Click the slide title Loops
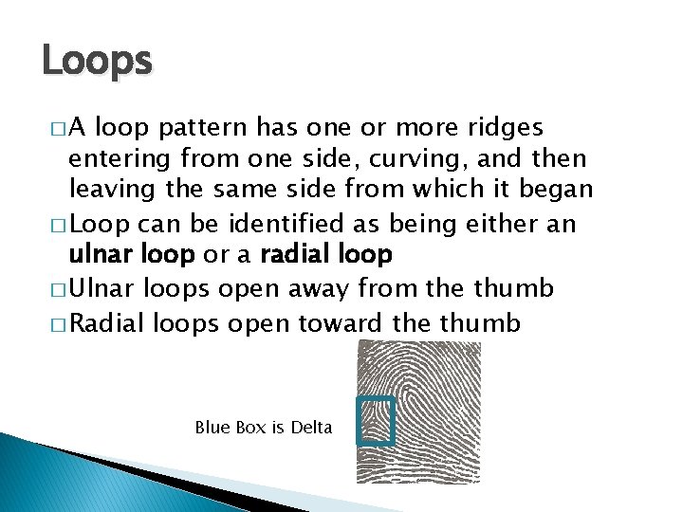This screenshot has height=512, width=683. point(96,62)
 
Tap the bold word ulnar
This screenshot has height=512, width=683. point(99,255)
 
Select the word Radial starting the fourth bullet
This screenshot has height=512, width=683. point(103,323)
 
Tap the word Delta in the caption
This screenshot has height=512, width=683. point(311,428)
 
